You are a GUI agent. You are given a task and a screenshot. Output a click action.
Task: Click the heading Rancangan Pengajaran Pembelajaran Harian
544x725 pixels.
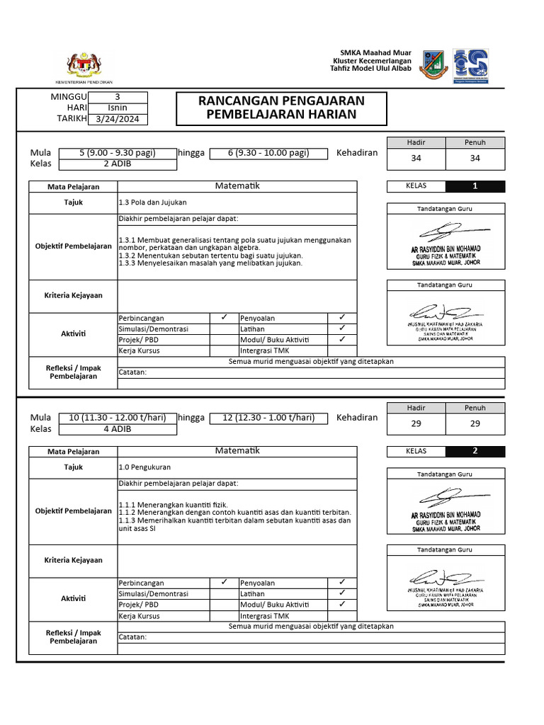click(x=281, y=108)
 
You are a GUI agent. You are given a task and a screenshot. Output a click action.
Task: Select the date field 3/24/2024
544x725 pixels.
click(x=118, y=119)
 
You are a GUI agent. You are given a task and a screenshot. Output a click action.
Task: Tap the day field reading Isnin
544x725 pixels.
click(x=118, y=108)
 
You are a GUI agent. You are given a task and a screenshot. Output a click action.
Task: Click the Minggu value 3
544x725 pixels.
click(x=118, y=97)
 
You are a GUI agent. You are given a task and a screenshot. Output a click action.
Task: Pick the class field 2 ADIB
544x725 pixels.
click(x=118, y=164)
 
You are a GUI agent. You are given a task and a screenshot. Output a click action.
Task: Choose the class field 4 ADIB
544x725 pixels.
click(x=118, y=428)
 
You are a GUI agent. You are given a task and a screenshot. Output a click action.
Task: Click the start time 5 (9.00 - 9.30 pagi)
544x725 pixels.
click(x=118, y=153)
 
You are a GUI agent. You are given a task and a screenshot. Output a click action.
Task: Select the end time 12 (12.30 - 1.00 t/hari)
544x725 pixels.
click(x=268, y=418)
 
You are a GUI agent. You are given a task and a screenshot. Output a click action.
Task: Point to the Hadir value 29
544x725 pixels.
click(x=416, y=423)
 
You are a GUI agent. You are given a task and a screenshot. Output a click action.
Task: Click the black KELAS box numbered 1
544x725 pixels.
click(x=475, y=187)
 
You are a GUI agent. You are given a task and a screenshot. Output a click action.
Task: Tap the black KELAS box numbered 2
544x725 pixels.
click(x=475, y=451)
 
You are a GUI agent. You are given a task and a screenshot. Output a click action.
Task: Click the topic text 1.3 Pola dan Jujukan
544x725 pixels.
click(x=152, y=202)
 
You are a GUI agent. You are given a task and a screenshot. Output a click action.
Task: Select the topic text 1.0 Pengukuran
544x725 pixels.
click(x=145, y=467)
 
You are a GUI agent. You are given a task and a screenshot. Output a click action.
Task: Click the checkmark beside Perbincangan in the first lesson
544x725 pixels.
click(x=223, y=318)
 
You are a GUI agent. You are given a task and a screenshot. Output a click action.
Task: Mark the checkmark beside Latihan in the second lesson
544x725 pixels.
click(x=342, y=593)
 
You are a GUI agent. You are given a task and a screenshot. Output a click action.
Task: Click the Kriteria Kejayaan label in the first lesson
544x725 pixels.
click(x=74, y=295)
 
